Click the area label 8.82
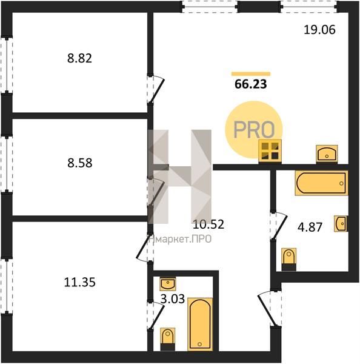(79, 58)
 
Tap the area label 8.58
(80, 163)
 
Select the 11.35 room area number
(79, 283)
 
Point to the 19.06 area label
(319, 30)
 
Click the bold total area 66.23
(251, 84)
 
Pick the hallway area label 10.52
(208, 224)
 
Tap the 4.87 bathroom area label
(310, 227)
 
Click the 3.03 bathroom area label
(173, 298)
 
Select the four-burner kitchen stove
(270, 151)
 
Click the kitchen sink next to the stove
(327, 153)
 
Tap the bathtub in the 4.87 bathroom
(321, 183)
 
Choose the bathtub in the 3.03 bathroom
(200, 324)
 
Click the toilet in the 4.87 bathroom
(289, 259)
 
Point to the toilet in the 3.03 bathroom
(167, 339)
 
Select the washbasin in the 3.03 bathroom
(168, 284)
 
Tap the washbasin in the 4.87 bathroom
(341, 223)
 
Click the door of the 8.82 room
(156, 89)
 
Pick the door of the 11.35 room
(144, 248)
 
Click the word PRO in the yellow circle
(254, 129)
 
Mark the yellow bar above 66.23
(251, 74)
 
